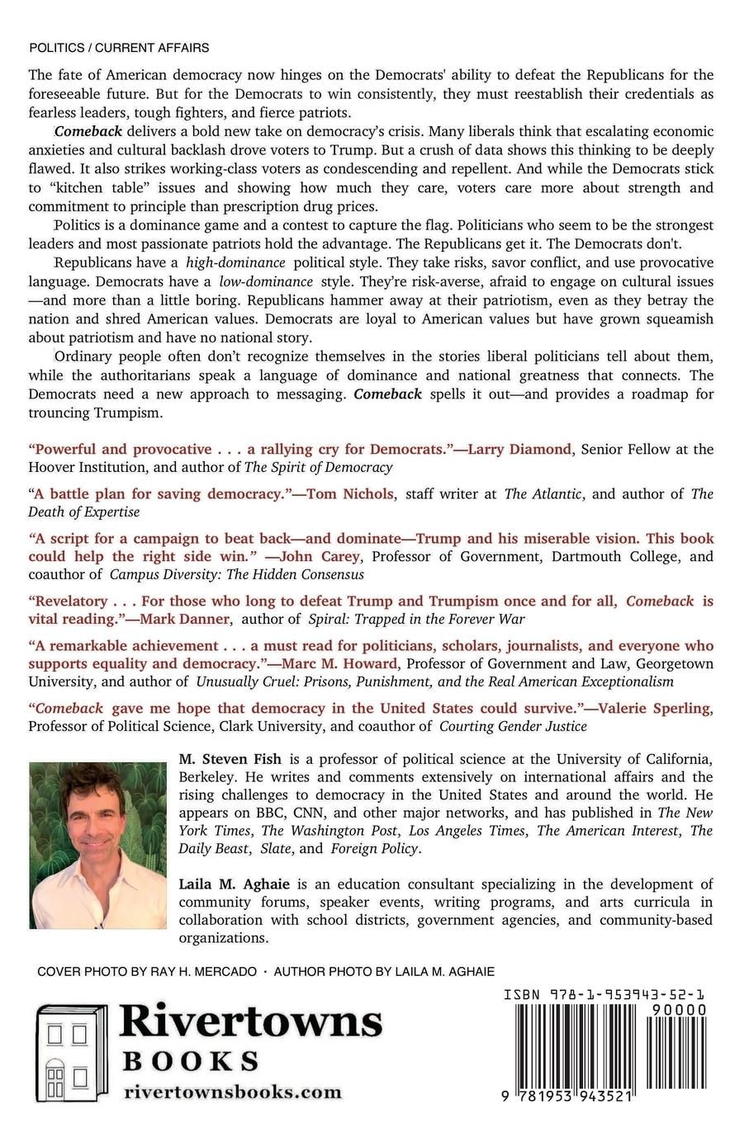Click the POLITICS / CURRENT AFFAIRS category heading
tap(118, 48)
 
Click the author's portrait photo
tap(97, 846)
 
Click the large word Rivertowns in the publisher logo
tap(251, 1023)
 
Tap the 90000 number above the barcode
tap(679, 1011)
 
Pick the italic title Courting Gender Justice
tap(513, 726)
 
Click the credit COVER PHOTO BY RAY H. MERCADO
tap(147, 972)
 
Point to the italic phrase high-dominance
tap(235, 262)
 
